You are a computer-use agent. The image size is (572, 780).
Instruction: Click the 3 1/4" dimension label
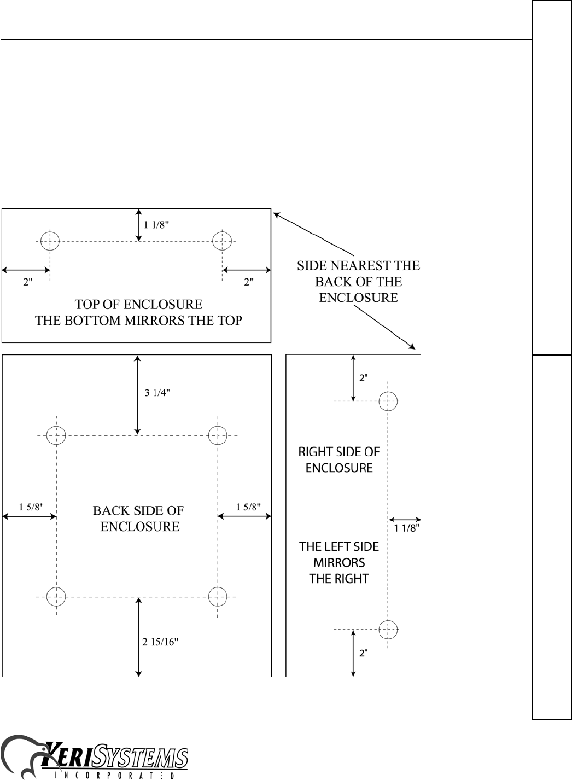[x=157, y=393]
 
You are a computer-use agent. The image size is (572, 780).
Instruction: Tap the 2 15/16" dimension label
[x=160, y=642]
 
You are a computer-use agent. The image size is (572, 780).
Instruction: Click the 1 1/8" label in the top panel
[x=156, y=225]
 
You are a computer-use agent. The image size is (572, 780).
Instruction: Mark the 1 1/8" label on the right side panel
[x=407, y=528]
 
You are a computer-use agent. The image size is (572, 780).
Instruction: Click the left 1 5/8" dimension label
[x=31, y=507]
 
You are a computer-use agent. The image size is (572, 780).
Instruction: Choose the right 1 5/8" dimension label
[x=248, y=507]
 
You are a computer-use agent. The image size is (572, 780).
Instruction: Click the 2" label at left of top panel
[x=28, y=282]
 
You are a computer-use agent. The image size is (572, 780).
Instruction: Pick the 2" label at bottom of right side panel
[x=364, y=653]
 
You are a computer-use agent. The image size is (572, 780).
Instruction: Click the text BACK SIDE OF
[x=138, y=511]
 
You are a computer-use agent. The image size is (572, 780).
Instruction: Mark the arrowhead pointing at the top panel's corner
[x=276, y=215]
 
